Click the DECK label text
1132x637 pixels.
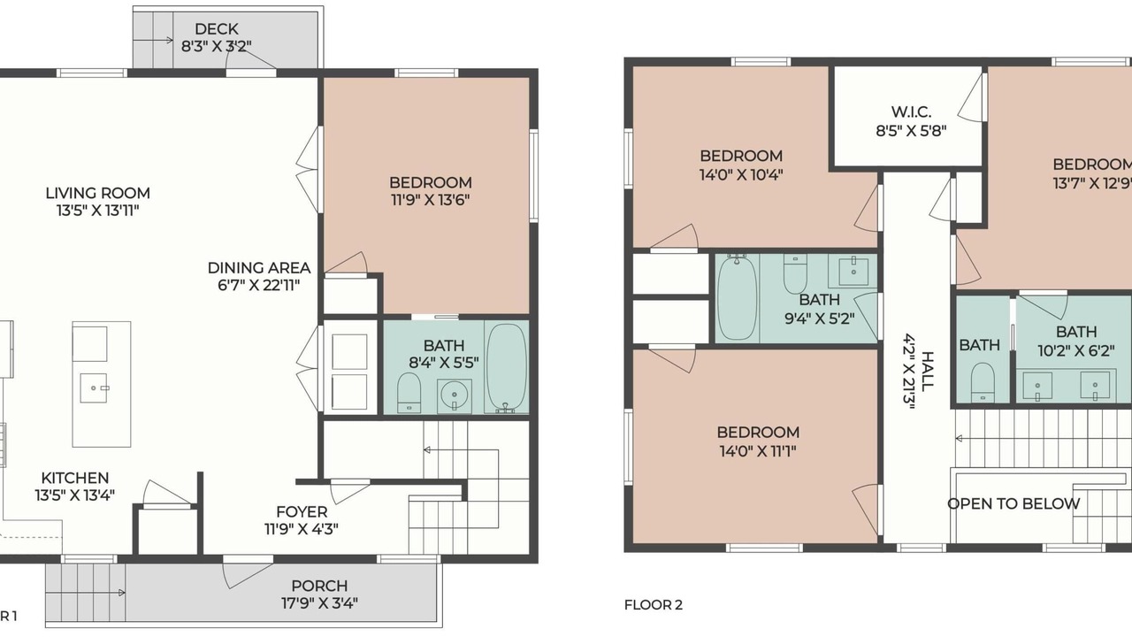[217, 29]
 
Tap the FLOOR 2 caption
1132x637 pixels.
[654, 604]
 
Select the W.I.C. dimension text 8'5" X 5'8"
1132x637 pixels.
[911, 131]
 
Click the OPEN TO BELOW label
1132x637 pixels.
[1013, 503]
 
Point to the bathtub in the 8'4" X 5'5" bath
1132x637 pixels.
[507, 368]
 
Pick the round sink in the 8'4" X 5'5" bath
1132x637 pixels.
[455, 395]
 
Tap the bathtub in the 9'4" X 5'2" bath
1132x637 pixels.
[738, 297]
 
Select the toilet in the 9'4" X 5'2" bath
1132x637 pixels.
[795, 273]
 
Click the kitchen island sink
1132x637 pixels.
[94, 388]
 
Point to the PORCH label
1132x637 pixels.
[319, 586]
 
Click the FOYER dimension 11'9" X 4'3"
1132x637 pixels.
[302, 529]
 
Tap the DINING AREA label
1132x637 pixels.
[259, 267]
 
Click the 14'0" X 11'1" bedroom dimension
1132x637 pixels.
[758, 450]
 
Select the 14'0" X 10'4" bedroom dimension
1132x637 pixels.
[741, 175]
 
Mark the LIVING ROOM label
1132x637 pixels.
[97, 193]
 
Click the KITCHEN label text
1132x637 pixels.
[75, 478]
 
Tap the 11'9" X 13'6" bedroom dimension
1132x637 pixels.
[430, 200]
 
